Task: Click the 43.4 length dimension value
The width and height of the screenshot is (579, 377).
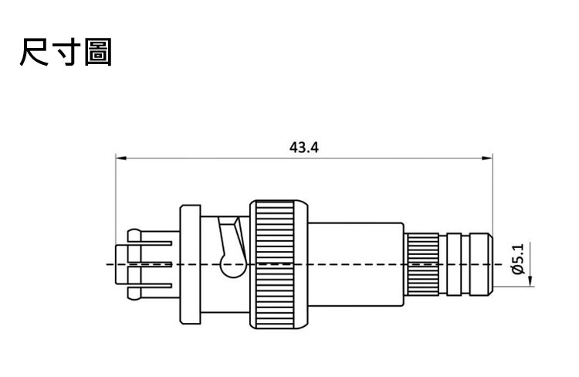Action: point(303,148)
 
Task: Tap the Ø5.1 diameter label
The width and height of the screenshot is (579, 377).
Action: point(518,259)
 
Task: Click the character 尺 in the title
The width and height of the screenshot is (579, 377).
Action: point(34,52)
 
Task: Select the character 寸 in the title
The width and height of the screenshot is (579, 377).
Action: point(66,52)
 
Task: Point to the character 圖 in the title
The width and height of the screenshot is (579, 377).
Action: point(98,52)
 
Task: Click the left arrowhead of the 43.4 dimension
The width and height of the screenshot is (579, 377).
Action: point(121,158)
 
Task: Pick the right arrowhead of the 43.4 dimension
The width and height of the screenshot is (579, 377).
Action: point(487,158)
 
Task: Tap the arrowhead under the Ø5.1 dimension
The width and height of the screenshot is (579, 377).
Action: point(530,280)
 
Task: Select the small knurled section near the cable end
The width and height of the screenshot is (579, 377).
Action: point(422,264)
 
